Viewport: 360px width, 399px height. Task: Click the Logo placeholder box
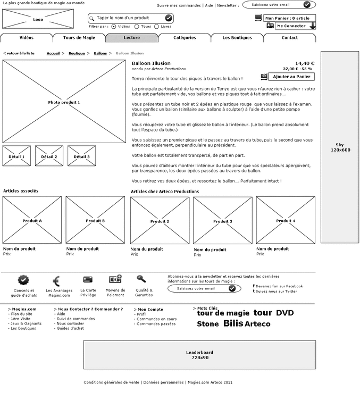[x=38, y=19]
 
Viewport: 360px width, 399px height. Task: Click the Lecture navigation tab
[x=132, y=38]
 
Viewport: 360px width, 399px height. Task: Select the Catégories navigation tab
[x=185, y=38]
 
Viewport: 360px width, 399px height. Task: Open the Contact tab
[x=289, y=38]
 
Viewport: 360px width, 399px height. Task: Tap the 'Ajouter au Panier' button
[x=291, y=77]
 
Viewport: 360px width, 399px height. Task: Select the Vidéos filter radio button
[x=114, y=26]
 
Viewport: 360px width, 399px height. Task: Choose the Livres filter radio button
[x=157, y=26]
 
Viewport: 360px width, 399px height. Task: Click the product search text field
[x=128, y=18]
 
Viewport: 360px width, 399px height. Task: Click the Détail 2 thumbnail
[x=49, y=156]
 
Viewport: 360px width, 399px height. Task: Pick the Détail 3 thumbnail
[x=81, y=156]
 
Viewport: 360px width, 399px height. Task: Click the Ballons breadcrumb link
[x=100, y=53]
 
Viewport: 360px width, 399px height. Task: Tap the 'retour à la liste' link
[x=20, y=53]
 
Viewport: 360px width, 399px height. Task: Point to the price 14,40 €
[x=305, y=63]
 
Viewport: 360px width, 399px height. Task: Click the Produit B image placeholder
[x=95, y=220]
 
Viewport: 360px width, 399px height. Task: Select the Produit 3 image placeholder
[x=222, y=221]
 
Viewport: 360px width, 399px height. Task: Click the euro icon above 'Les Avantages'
[x=56, y=281]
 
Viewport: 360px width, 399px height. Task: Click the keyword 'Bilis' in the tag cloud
[x=233, y=323]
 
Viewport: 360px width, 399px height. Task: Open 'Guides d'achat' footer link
[x=70, y=328]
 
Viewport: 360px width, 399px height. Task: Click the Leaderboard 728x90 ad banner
[x=199, y=355]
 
